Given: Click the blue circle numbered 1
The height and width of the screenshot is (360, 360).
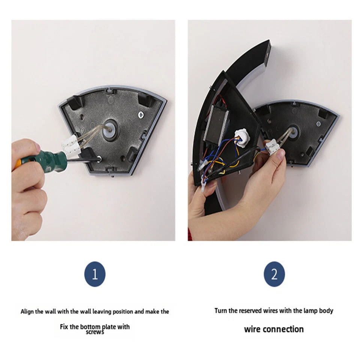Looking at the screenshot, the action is coord(95,274).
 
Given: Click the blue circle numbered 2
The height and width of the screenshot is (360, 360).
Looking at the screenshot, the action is coord(274,274).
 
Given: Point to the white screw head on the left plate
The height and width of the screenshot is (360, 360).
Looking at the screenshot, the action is coord(141,114).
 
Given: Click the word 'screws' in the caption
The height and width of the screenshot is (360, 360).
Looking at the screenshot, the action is coord(95,332).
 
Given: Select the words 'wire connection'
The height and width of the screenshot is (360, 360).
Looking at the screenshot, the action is coord(274,329).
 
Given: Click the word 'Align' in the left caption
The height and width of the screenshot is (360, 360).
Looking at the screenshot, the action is coord(27,312).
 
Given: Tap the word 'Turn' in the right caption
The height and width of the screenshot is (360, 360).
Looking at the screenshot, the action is coord(220,310).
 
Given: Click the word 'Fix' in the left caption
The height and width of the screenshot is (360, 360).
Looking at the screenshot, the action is coord(64,327).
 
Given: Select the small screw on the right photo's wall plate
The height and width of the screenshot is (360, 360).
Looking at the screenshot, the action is coord(318,124).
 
